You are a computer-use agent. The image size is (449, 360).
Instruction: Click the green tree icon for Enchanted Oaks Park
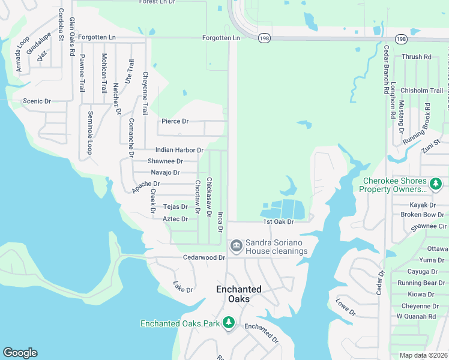[228, 323]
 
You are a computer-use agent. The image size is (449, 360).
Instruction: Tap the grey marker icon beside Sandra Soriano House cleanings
[236, 246]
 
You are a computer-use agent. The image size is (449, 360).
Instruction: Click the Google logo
[20, 353]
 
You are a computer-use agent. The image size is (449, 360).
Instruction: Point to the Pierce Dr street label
[175, 121]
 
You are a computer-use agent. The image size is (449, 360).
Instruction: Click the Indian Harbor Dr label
[179, 150]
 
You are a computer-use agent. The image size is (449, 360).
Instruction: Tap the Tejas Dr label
[175, 207]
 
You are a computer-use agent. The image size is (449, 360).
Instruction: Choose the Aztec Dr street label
[175, 219]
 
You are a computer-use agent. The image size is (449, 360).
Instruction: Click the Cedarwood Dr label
[203, 257]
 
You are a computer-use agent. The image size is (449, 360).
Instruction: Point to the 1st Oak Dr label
[278, 222]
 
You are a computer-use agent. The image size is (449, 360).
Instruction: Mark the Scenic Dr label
[37, 101]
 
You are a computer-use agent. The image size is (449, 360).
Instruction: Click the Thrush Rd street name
[417, 57]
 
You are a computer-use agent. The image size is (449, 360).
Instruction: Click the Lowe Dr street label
[346, 307]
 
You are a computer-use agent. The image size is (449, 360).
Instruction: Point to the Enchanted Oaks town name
[239, 293]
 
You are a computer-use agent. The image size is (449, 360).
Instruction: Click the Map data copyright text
[423, 355]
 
